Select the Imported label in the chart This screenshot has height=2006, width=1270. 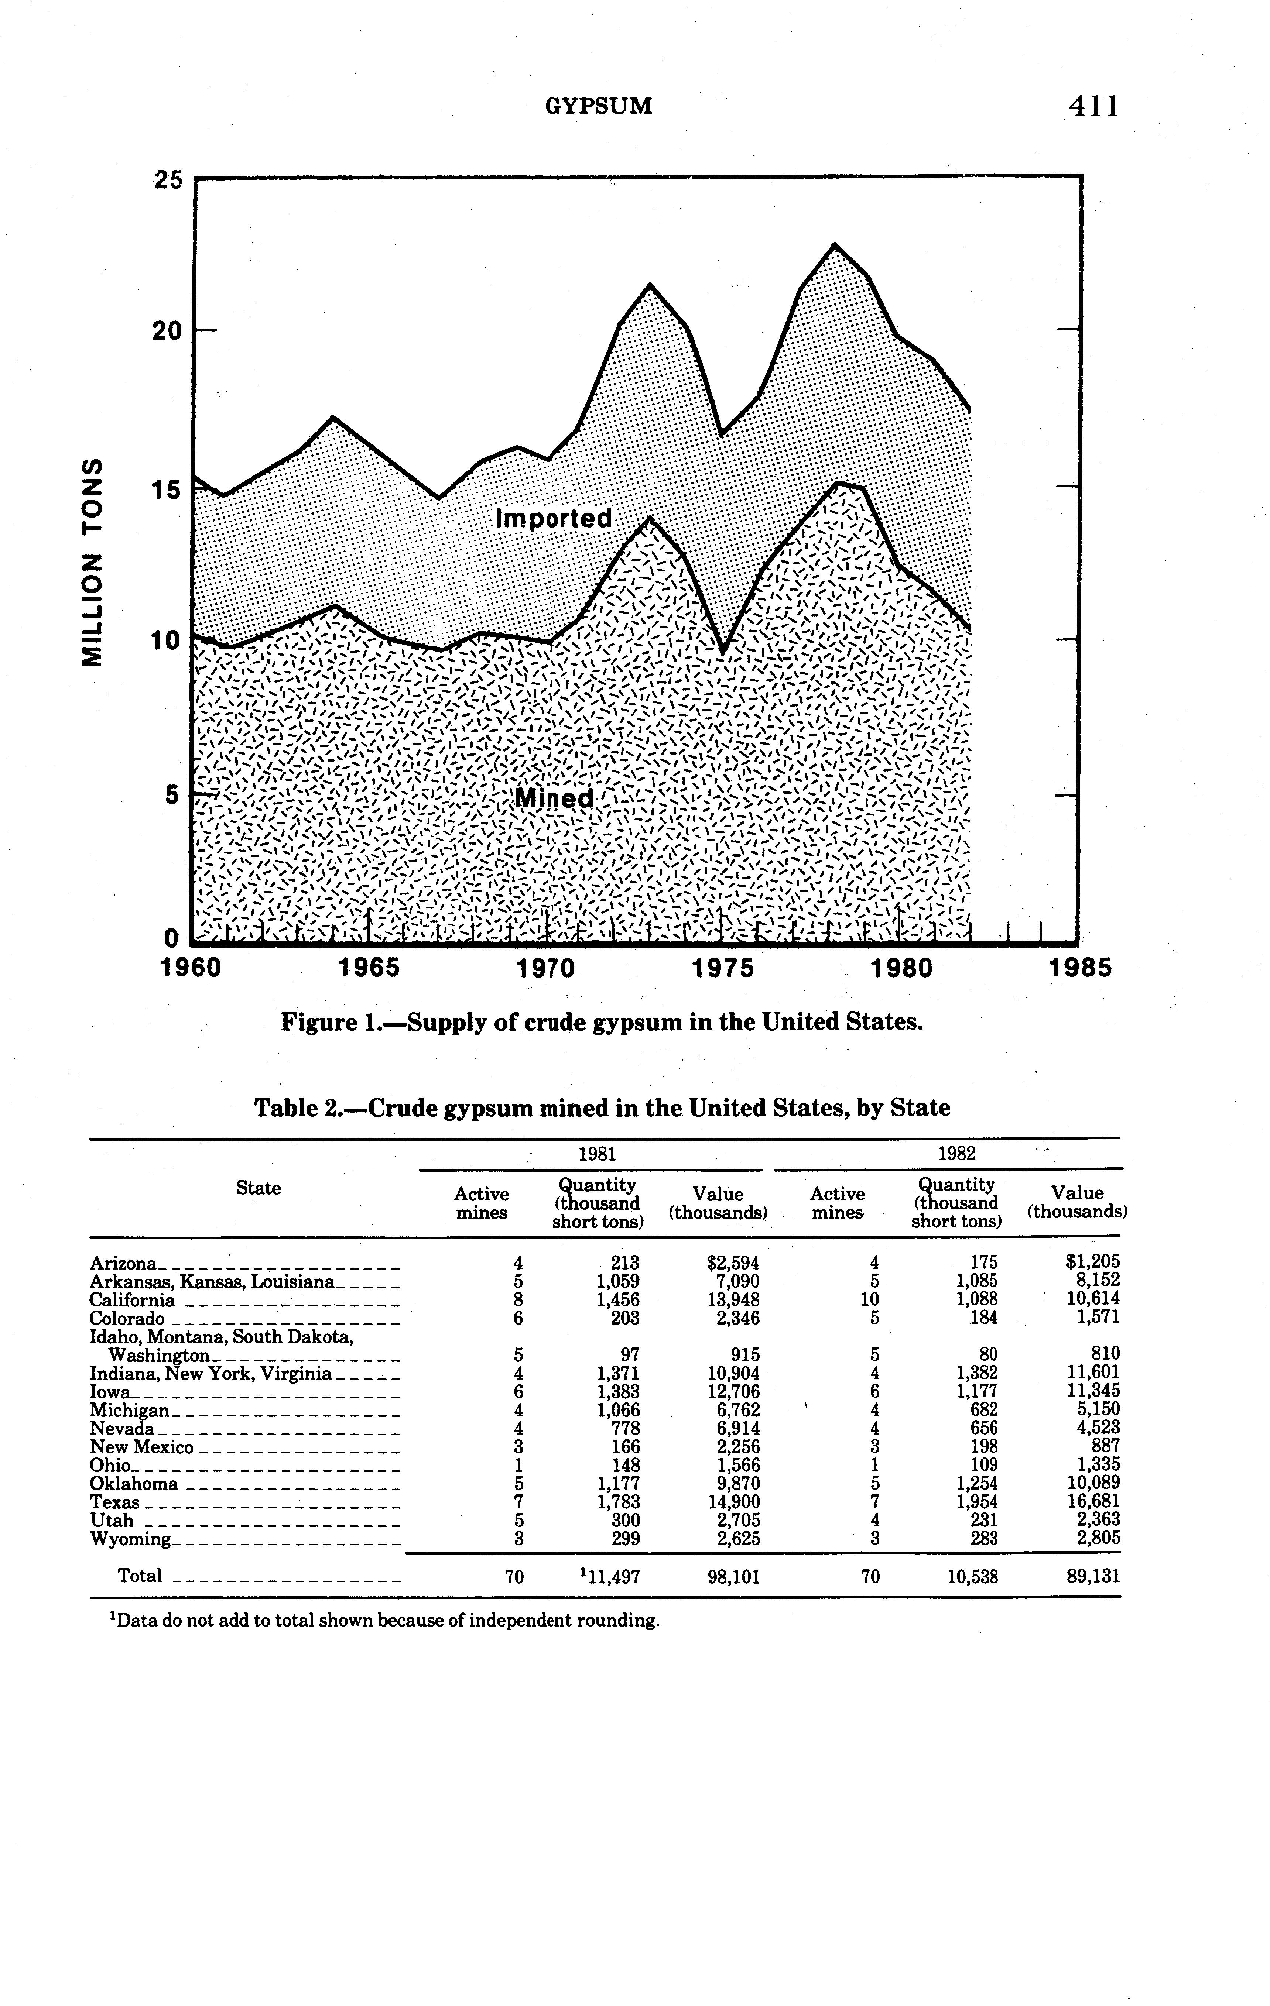pyautogui.click(x=553, y=518)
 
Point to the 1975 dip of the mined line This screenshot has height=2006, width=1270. pyautogui.click(x=723, y=650)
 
